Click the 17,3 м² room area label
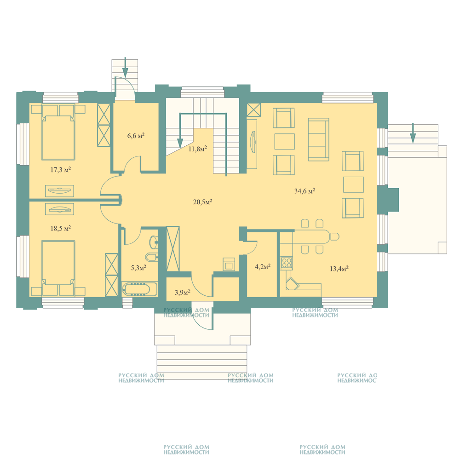[x=61, y=170]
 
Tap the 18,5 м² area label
[x=61, y=228]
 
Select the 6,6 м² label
[x=136, y=136]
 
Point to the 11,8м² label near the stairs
[x=198, y=149]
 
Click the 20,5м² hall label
[x=203, y=202]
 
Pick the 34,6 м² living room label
[x=305, y=191]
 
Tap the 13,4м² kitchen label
[x=339, y=269]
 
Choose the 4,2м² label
[x=263, y=267]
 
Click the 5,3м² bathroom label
[x=138, y=268]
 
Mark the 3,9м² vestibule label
[x=183, y=292]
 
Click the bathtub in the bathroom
[x=140, y=289]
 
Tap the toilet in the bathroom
[x=153, y=257]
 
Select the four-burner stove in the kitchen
[x=287, y=263]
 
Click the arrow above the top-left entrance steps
[x=125, y=67]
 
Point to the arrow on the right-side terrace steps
[x=413, y=133]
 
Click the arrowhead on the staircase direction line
[x=180, y=144]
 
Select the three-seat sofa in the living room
[x=319, y=140]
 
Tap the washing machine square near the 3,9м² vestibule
[x=229, y=264]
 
